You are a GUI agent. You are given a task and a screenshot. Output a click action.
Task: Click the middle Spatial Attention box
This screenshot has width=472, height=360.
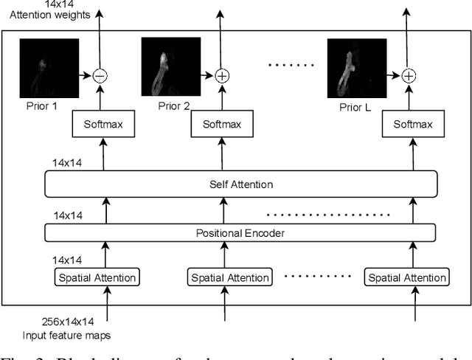point(223,278)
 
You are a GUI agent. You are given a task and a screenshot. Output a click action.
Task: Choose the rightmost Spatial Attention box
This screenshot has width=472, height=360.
point(406,278)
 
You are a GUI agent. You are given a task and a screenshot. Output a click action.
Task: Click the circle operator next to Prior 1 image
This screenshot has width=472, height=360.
point(100,75)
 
